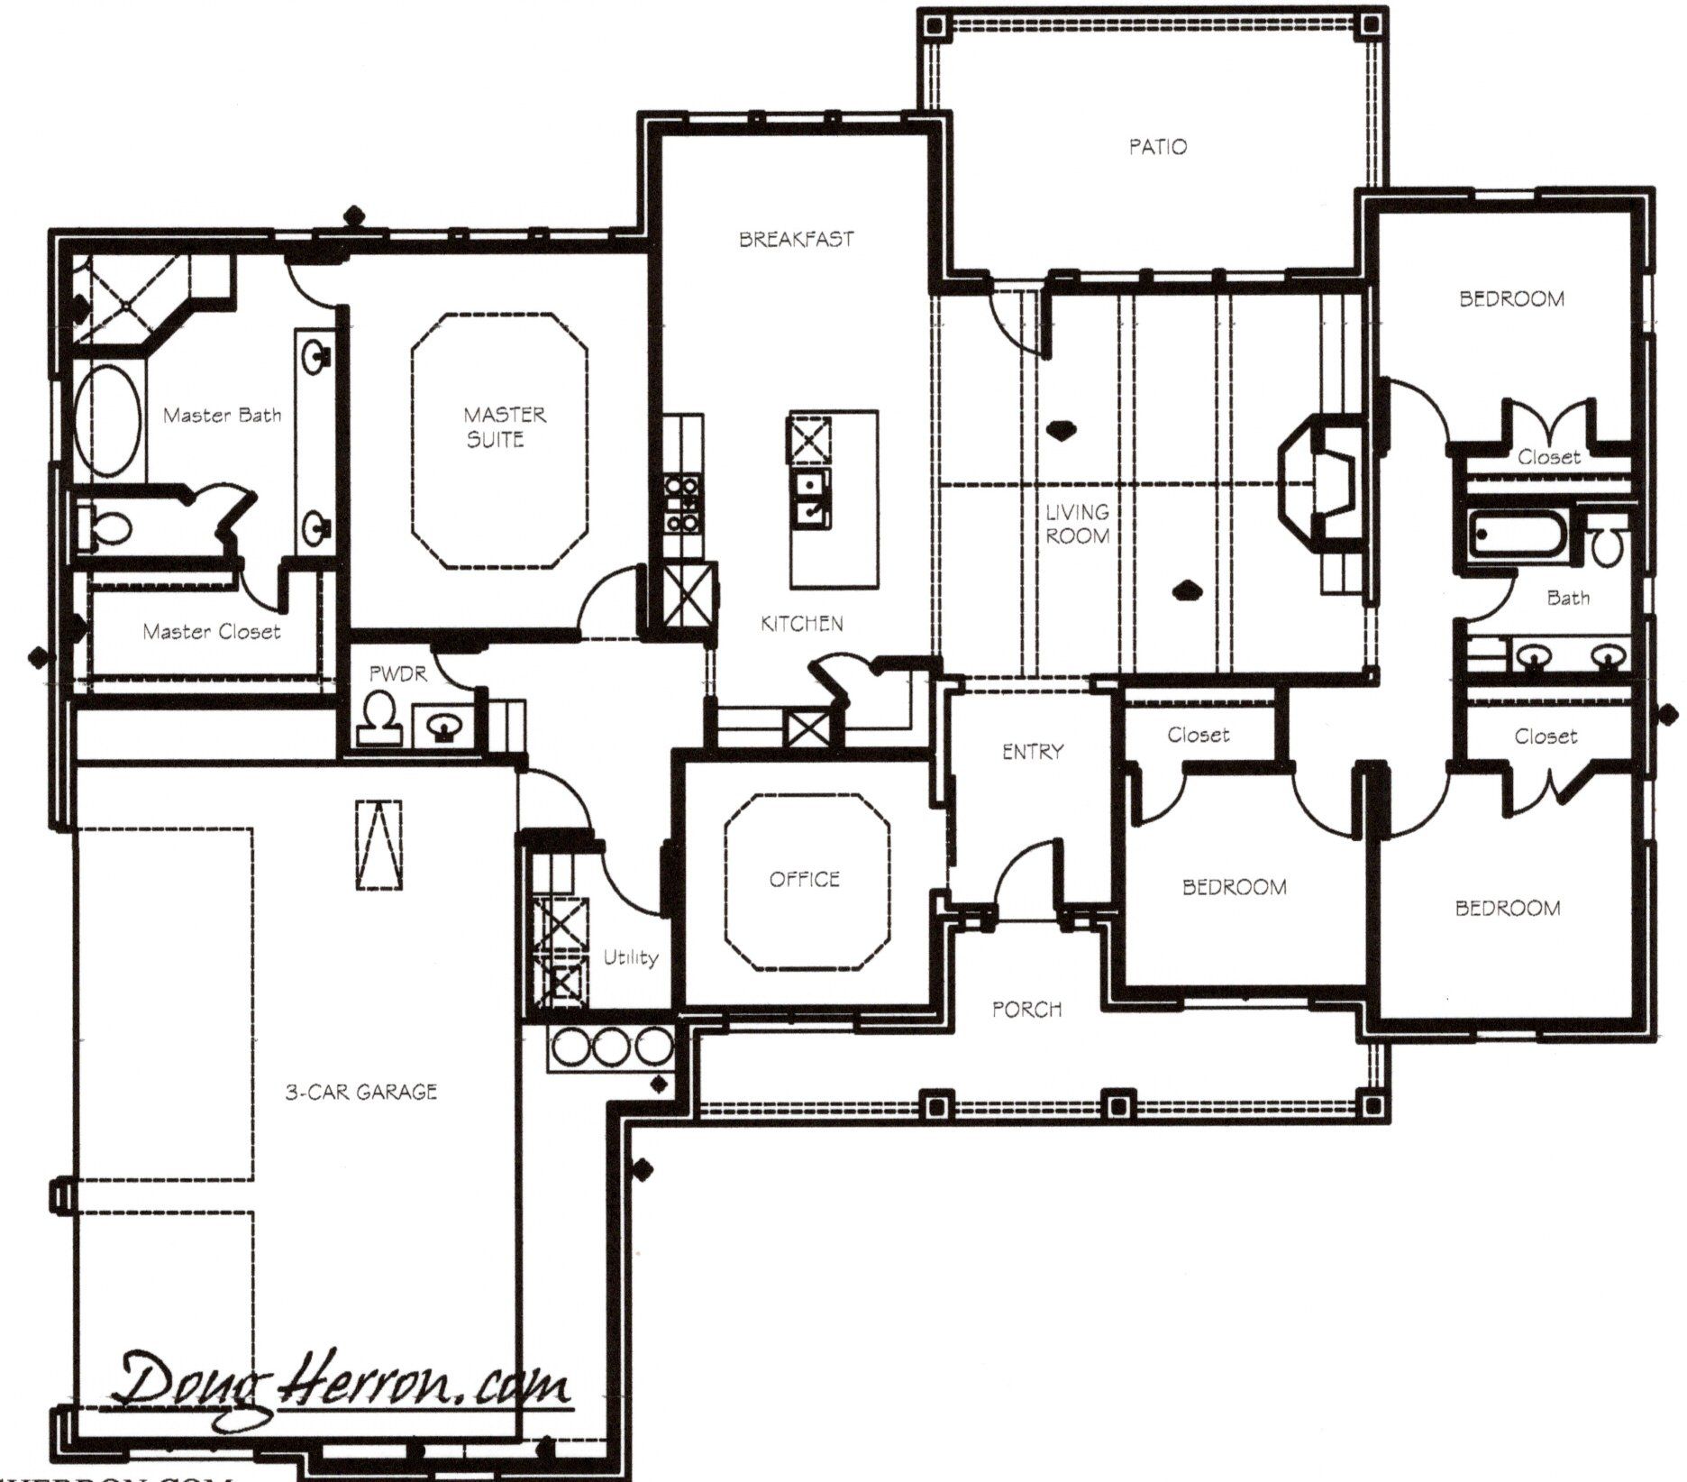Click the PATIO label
[1158, 146]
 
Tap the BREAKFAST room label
[796, 240]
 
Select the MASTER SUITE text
[504, 427]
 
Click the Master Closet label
[212, 632]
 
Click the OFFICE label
[805, 879]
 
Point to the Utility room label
[631, 958]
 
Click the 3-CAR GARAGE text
[361, 1092]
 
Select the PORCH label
[1026, 1010]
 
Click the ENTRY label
[1033, 751]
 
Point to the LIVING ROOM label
[1078, 524]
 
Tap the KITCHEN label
[802, 624]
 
